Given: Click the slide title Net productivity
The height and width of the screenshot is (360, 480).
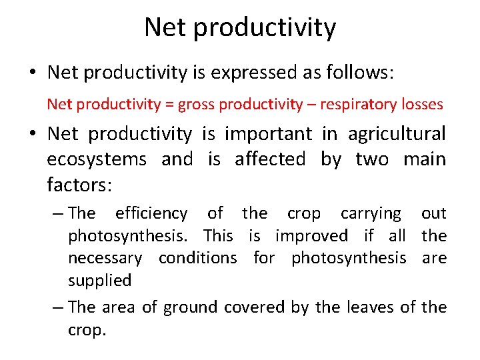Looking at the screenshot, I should click(240, 28).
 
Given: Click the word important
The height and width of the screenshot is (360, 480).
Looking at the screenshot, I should click(267, 134).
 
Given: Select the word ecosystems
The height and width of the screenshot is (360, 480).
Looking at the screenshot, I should click(97, 159).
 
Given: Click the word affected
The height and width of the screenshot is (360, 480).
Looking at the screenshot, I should click(270, 159).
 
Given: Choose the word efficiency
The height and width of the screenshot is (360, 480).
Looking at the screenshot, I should click(151, 213).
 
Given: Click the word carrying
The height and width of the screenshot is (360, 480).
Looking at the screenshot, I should click(371, 213).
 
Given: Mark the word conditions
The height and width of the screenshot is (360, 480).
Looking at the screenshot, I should click(197, 257).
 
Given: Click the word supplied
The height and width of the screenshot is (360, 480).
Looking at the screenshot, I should click(99, 281).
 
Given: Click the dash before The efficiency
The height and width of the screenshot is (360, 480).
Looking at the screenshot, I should click(59, 213).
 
